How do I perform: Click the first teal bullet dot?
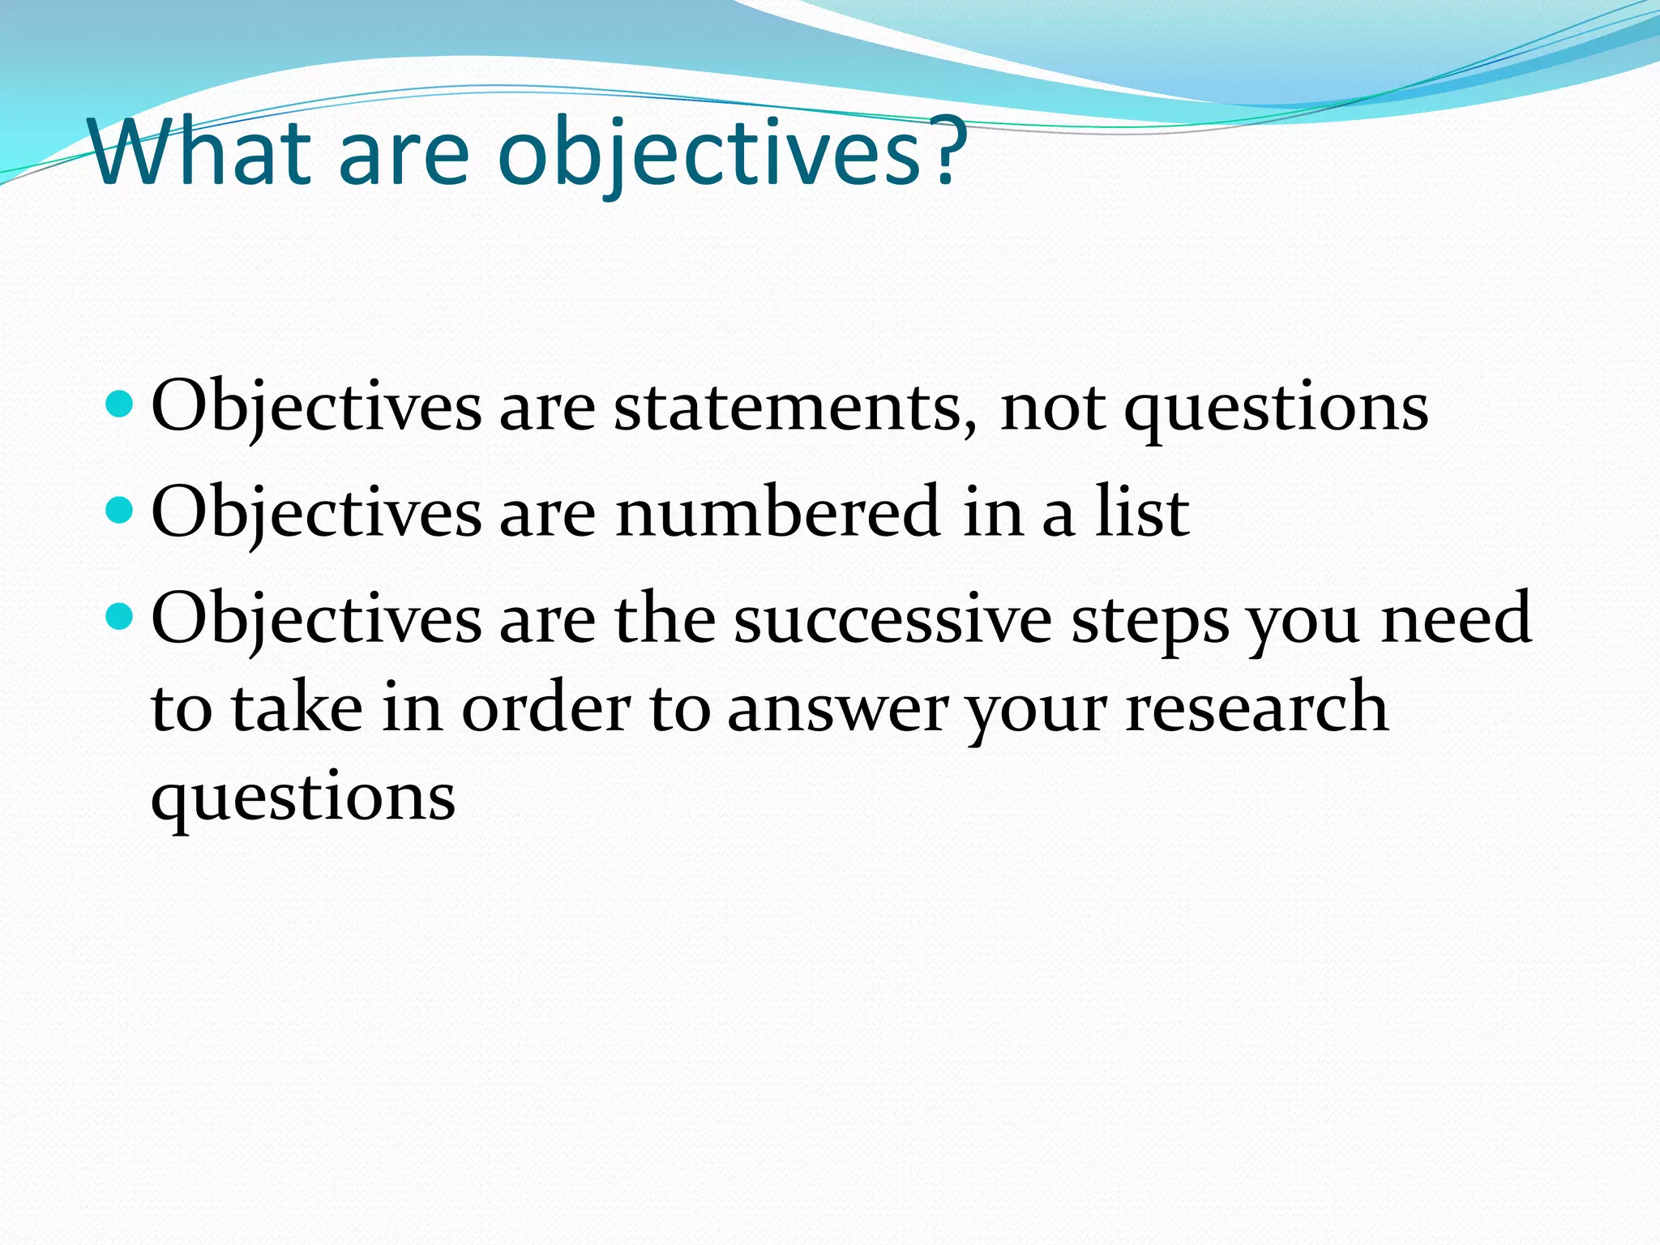point(120,403)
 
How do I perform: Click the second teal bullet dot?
point(120,510)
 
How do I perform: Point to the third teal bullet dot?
point(120,617)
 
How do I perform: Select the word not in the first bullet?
point(1052,409)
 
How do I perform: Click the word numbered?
point(777,512)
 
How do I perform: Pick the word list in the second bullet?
point(1142,512)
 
